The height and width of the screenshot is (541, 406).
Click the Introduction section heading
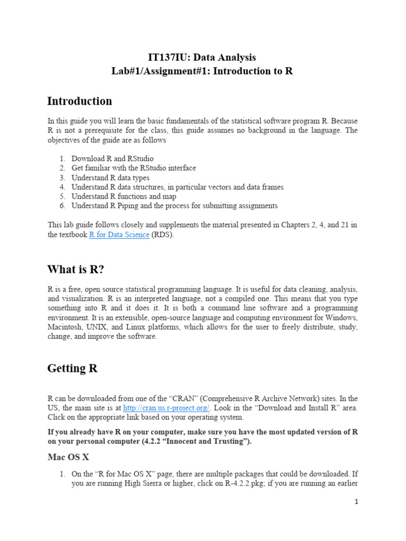pos(79,101)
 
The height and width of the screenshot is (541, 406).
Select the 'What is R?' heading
pos(76,269)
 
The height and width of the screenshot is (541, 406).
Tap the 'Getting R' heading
pos(72,368)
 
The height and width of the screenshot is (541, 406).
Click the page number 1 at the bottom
pos(356,502)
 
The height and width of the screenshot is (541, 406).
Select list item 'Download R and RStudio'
pos(113,158)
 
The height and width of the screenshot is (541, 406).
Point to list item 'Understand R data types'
pos(110,178)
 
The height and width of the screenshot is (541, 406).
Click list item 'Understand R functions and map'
pos(124,197)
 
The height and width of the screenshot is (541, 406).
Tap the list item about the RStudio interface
pos(134,168)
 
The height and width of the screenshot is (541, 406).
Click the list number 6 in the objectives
pos(62,206)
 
